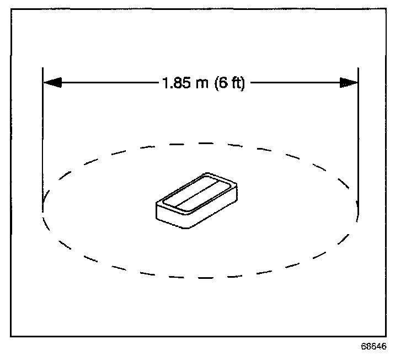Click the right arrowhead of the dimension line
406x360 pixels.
[x=349, y=83]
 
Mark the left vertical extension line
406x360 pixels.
[x=43, y=138]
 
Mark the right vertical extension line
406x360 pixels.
[x=359, y=138]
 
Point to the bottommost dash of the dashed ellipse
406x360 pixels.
[x=201, y=277]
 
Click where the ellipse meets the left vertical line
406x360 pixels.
[x=43, y=210]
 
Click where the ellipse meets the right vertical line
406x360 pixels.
[x=359, y=210]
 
